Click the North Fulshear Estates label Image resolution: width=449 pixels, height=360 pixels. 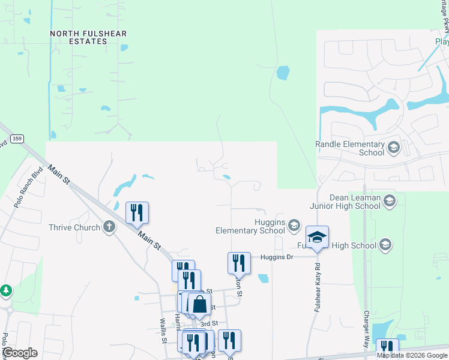coord(88,38)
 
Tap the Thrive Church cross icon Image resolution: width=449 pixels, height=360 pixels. coord(109,227)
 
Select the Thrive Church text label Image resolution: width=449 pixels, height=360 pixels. coord(74,228)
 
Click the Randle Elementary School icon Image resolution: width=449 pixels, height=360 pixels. coord(394,147)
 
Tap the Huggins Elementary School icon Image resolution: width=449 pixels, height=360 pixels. coord(294,226)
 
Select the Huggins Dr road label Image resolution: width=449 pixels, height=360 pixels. coord(276,257)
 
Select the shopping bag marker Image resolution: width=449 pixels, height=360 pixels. coord(199,304)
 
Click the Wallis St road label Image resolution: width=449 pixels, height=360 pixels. coord(163,331)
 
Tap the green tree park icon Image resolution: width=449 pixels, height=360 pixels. coord(6,291)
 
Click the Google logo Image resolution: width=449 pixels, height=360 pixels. coord(20,353)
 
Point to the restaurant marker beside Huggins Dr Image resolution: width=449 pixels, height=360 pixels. coord(239,263)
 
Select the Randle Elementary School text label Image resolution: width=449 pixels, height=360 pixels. coord(350,148)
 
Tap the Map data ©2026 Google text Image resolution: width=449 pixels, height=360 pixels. coord(412,355)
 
